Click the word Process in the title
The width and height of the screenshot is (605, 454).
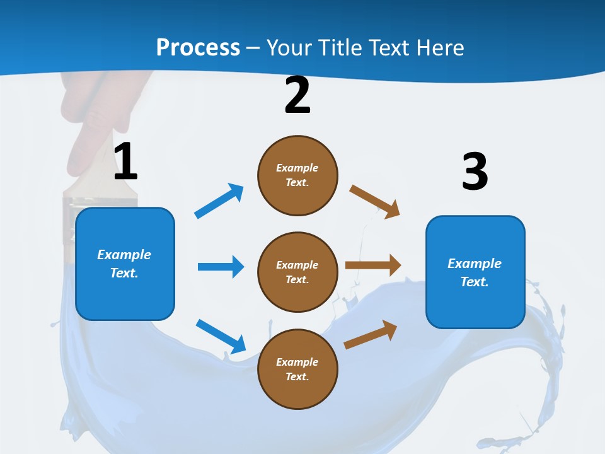click(x=198, y=47)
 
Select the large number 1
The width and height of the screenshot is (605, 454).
click(x=125, y=162)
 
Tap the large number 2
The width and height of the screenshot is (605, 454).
click(x=297, y=95)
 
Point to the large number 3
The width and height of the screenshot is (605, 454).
click(x=475, y=172)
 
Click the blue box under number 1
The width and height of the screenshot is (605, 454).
click(x=125, y=264)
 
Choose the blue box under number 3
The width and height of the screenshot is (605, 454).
click(x=475, y=272)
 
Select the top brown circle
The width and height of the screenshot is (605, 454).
click(x=297, y=175)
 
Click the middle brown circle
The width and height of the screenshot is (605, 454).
click(x=297, y=272)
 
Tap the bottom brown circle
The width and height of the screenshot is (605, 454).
click(x=297, y=370)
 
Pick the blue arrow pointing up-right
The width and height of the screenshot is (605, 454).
click(x=219, y=201)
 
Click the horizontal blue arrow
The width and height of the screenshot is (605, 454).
click(x=221, y=267)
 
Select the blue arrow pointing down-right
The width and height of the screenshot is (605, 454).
click(x=221, y=336)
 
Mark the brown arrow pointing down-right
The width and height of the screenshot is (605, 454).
click(x=375, y=201)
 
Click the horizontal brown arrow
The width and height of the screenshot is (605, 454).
click(x=373, y=265)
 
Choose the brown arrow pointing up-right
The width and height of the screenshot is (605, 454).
click(x=371, y=335)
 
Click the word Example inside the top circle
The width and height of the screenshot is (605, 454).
click(x=297, y=168)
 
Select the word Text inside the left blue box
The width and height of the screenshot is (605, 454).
click(x=124, y=273)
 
